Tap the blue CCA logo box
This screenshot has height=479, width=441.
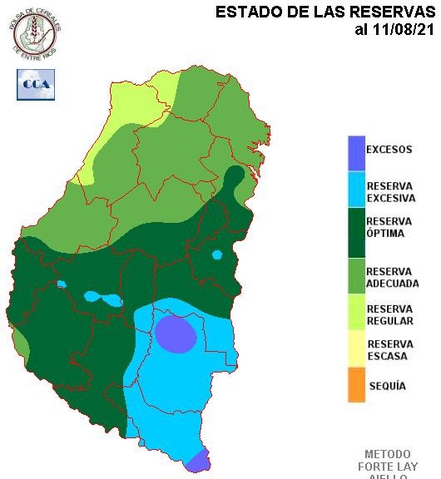(36, 84)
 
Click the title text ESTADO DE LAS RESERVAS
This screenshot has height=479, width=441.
(325, 12)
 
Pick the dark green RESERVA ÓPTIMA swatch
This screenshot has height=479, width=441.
(356, 232)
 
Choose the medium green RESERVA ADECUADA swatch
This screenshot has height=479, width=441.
(356, 277)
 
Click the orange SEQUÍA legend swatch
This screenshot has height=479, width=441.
(356, 387)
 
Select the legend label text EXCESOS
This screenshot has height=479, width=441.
(389, 151)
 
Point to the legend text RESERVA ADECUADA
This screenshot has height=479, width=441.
(392, 278)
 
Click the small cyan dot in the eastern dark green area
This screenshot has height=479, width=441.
(216, 254)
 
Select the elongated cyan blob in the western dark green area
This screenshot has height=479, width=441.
(103, 298)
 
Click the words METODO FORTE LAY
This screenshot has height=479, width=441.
(387, 461)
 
